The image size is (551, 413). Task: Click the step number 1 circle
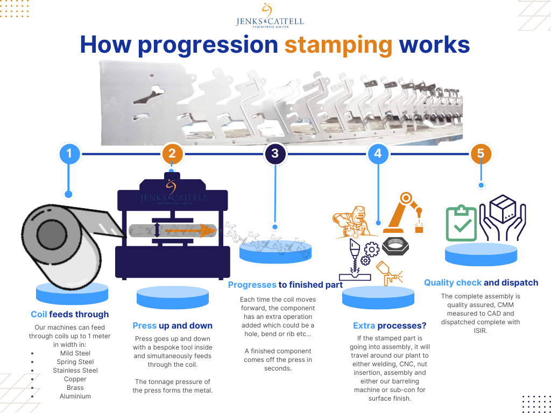pos(68,154)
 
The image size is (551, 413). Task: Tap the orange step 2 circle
pos(172,154)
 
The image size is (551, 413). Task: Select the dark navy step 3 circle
pos(275,154)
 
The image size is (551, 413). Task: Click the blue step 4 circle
pos(378,154)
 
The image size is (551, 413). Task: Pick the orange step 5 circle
pos(481,154)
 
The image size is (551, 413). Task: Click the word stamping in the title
pos(338,45)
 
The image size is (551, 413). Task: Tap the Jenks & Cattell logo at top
pos(270,16)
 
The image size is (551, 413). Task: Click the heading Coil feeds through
pos(69,315)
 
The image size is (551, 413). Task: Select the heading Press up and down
pos(172,326)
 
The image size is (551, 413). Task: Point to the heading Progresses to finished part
pos(285,285)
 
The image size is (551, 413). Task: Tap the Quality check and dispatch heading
pos(481,283)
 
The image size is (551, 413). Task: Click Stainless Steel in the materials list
pos(75,371)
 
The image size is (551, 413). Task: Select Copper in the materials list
pos(75,379)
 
